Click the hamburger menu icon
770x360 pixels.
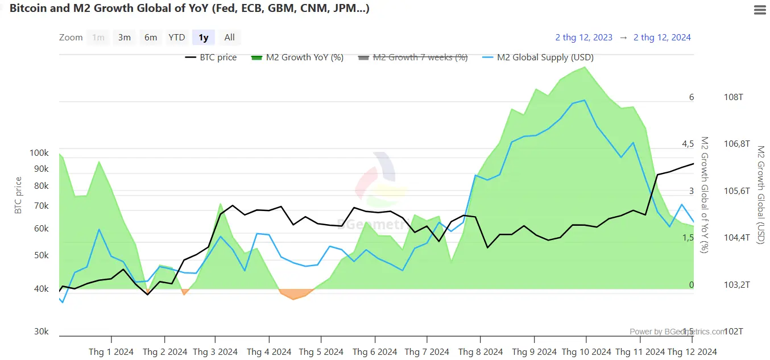pyautogui.click(x=759, y=10)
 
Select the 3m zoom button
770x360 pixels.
pyautogui.click(x=125, y=38)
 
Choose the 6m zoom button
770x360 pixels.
pyautogui.click(x=151, y=38)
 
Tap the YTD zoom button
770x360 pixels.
pyautogui.click(x=177, y=38)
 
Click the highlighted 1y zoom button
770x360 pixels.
pyautogui.click(x=203, y=38)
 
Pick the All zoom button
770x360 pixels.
pyautogui.click(x=229, y=38)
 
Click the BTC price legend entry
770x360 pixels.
pyautogui.click(x=211, y=57)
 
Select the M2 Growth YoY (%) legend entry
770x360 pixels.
pyautogui.click(x=297, y=57)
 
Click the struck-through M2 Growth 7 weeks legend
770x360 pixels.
pyautogui.click(x=413, y=57)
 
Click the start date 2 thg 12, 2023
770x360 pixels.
pyautogui.click(x=583, y=38)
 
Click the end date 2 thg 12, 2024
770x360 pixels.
pyautogui.click(x=662, y=38)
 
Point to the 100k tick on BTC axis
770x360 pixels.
pyautogui.click(x=39, y=153)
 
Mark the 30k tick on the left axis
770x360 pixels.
pyautogui.click(x=42, y=332)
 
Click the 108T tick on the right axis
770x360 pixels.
pyautogui.click(x=733, y=97)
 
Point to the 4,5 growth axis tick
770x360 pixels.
pyautogui.click(x=688, y=144)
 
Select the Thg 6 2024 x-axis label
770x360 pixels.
pyautogui.click(x=375, y=352)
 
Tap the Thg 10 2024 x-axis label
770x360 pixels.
pyautogui.click(x=585, y=352)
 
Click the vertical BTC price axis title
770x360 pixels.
pyautogui.click(x=18, y=196)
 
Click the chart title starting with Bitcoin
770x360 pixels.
pyautogui.click(x=189, y=10)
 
